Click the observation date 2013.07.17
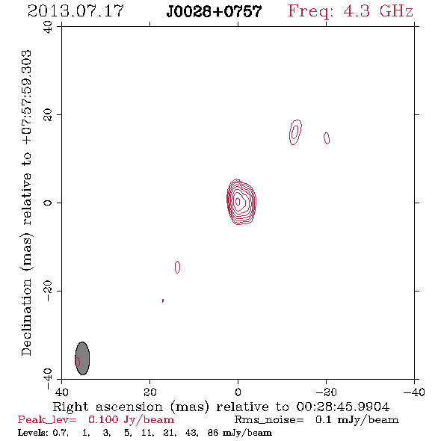pos(75,11)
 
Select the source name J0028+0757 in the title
pos(214,11)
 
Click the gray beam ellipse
pos(82,358)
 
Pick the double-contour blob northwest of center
pos(295,132)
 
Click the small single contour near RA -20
pos(327,138)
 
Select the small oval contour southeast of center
pos(177,267)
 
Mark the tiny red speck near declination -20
pos(163,300)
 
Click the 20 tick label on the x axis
pos(149,392)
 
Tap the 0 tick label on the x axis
pos(238,392)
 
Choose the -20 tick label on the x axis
pos(326,392)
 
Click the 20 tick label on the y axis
pos(48,115)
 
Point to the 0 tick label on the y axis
pos(48,203)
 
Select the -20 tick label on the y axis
pos(48,291)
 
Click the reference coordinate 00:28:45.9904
pos(343,407)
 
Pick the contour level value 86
pos(213,432)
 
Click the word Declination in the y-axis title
pos(26,317)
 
